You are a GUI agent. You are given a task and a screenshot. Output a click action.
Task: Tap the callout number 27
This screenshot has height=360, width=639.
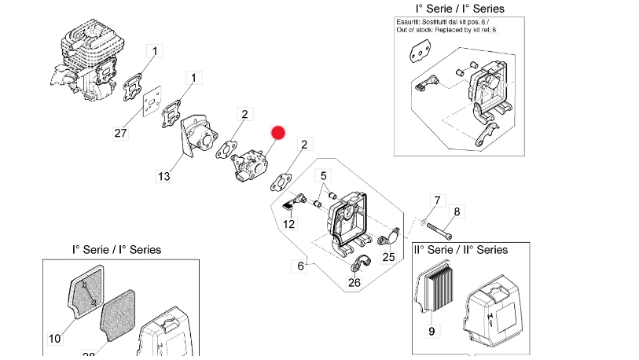(x=120, y=134)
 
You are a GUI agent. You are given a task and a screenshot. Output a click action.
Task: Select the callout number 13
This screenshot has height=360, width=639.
(x=163, y=176)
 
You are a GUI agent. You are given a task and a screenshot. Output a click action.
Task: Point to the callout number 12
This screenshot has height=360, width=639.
(x=289, y=224)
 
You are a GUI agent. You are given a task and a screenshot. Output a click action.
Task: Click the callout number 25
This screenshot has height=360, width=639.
(x=388, y=256)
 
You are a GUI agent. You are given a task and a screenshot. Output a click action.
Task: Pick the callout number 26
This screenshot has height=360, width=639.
(x=354, y=283)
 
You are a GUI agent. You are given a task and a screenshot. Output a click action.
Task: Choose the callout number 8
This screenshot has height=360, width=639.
(x=457, y=211)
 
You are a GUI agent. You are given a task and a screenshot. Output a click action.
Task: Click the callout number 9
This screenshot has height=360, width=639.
(x=431, y=331)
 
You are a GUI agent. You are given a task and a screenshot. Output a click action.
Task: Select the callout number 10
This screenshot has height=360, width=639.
(x=54, y=339)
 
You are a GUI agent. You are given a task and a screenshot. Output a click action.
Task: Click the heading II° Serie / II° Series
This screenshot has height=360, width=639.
(x=461, y=249)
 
